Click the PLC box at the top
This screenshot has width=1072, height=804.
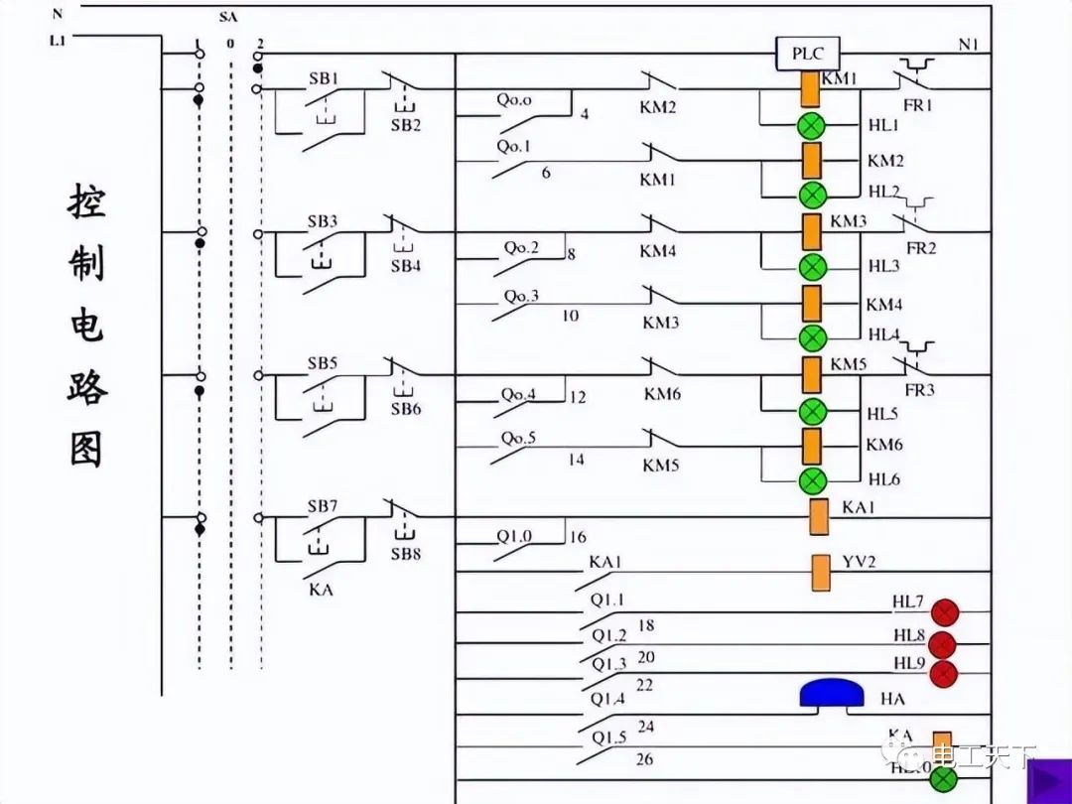tap(807, 54)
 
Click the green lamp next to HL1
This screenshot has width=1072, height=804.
tap(813, 126)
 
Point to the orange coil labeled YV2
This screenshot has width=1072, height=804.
tap(821, 573)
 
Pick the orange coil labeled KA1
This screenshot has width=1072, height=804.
tap(820, 516)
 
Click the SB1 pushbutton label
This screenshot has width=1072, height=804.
tap(322, 77)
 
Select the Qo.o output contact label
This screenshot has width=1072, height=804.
tap(514, 100)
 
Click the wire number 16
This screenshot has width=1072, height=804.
tap(577, 537)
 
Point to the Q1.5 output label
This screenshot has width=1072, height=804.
tap(608, 737)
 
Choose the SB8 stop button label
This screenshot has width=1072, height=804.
tap(405, 553)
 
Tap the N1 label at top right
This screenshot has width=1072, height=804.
tap(969, 44)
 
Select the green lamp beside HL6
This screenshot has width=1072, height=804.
tap(813, 481)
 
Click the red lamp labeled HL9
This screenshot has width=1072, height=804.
tap(943, 674)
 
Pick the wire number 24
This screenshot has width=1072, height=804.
tap(646, 727)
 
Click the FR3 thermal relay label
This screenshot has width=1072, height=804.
tap(919, 390)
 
